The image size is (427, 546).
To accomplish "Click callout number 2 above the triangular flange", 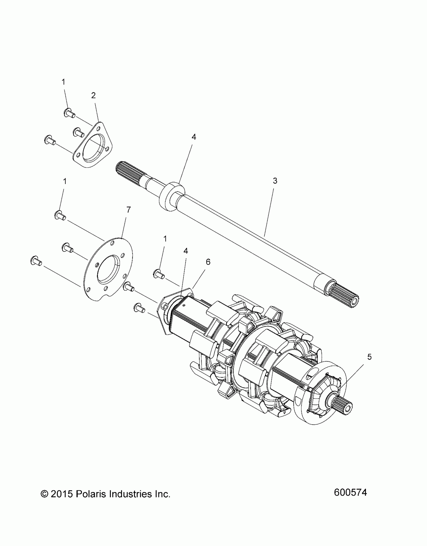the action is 93,95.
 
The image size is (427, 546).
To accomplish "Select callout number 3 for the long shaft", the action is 275,181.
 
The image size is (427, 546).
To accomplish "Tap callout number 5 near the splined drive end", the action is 369,357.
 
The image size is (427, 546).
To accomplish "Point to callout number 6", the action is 208,262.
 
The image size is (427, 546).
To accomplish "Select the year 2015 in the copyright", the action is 62,494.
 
